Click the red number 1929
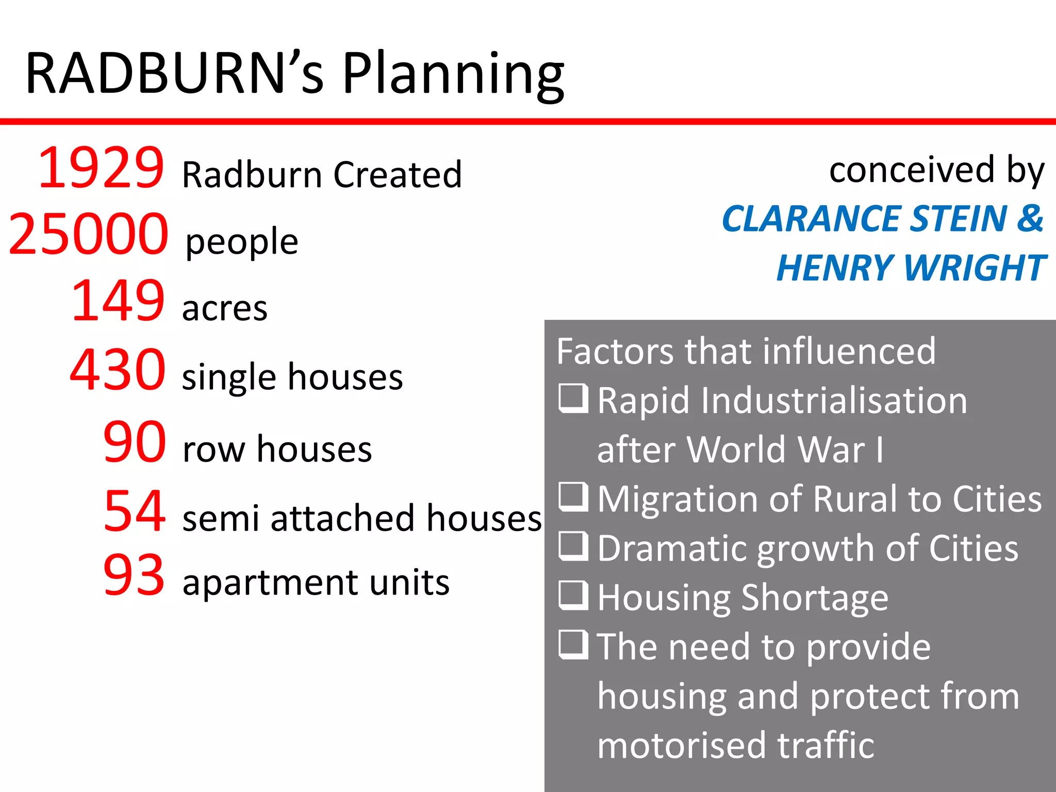101,168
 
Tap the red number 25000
88,235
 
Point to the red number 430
118,370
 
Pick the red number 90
134,442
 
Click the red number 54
134,511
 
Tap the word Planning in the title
453,75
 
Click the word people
242,242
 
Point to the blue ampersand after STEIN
1030,219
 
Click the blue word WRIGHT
974,268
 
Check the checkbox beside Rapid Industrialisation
573,399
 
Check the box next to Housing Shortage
573,596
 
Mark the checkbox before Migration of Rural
573,497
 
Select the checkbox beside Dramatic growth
573,547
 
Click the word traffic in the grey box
825,746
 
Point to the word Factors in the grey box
614,352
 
